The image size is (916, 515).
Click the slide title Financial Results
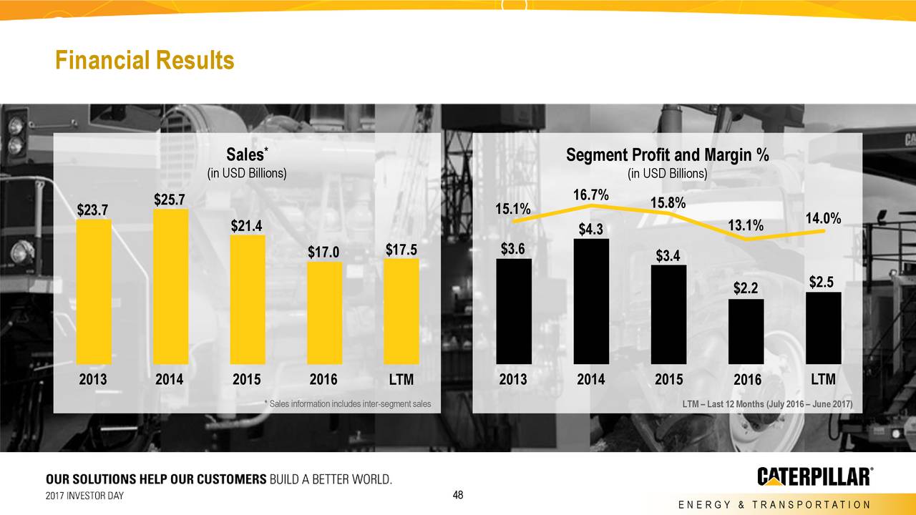coord(145,61)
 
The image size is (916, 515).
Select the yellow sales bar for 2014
coord(170,286)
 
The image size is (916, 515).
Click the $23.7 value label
coord(93,210)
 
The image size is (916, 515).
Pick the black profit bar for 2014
coord(591,301)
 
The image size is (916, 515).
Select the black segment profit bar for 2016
coord(746,331)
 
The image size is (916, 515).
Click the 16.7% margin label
coord(591,195)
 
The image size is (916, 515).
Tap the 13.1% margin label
coord(746,226)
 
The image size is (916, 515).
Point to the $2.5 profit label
coord(822,282)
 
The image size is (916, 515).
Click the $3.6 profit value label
coord(512,249)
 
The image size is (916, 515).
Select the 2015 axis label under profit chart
coord(668,379)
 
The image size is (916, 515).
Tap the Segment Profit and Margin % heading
coord(667,155)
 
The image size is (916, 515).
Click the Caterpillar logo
coord(814,476)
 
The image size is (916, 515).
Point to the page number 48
coord(459,495)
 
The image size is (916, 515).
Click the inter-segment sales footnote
coord(348,404)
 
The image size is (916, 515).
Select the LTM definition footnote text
coord(767,404)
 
